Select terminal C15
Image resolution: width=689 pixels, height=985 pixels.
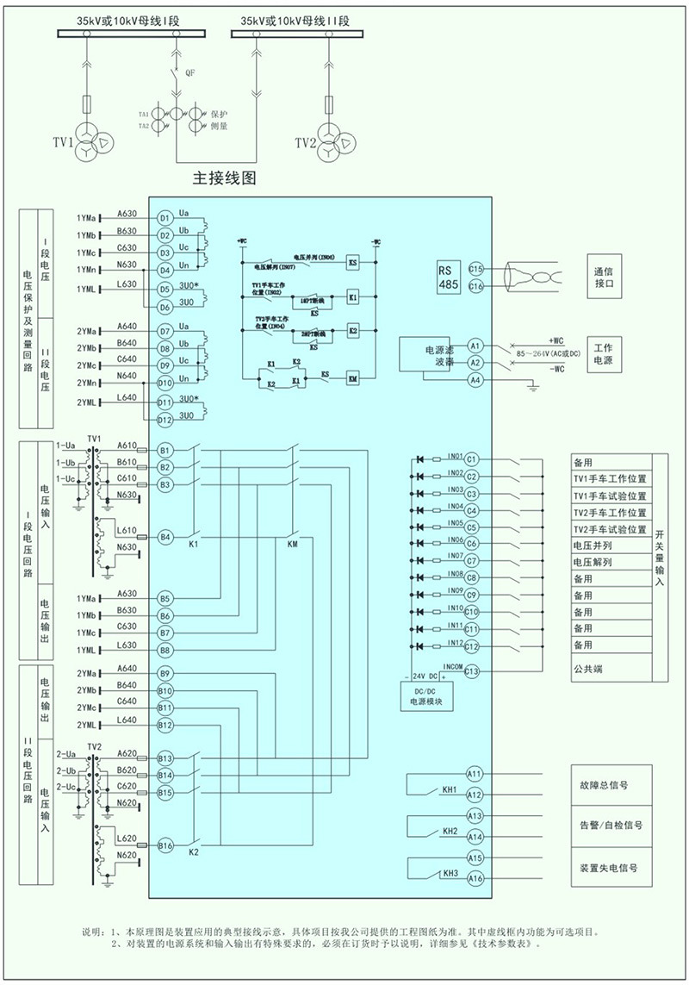coord(475,269)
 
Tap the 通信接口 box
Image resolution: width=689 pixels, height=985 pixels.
coord(607,276)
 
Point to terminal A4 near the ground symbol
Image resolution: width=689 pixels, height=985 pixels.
coord(475,380)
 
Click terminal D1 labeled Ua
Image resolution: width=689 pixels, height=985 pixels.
coord(165,218)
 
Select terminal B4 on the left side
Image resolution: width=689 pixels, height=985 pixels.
coord(165,537)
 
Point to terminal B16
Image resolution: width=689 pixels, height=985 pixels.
coord(165,846)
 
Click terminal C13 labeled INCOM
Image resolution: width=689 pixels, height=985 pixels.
coord(472,671)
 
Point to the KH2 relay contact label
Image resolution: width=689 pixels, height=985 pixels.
coord(450,832)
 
